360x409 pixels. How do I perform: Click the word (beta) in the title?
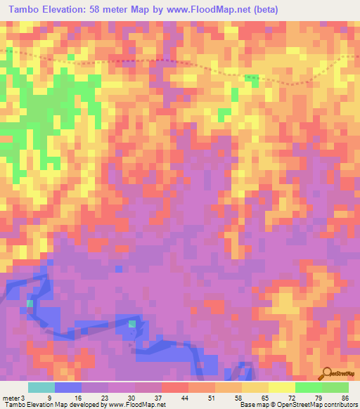tap(262, 10)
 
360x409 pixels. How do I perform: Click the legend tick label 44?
tap(187, 398)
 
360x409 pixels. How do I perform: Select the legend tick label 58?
tap(240, 398)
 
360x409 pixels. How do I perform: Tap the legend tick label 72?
tap(294, 398)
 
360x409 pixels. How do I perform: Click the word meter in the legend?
tap(12, 398)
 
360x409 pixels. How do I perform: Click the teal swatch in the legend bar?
tap(41, 388)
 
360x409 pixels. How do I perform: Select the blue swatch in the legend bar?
tap(67, 388)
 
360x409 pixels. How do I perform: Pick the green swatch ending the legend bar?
tap(335, 388)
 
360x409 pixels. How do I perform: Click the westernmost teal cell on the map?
tap(30, 303)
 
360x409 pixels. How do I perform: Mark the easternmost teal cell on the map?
tap(132, 323)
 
